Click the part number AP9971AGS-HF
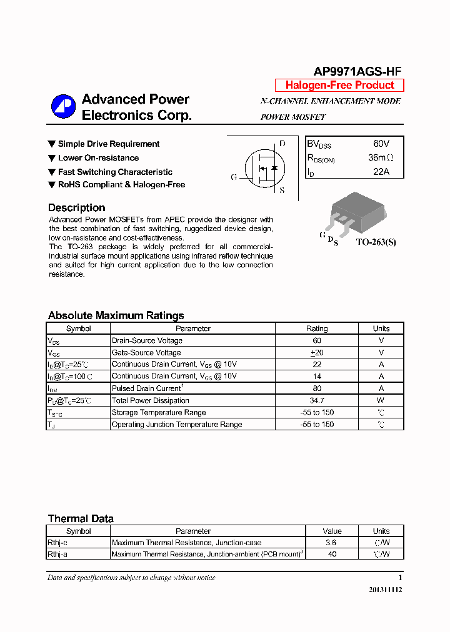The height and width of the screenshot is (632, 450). point(357,71)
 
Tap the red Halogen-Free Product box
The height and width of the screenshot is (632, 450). point(339,86)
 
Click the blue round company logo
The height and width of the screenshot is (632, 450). point(63,106)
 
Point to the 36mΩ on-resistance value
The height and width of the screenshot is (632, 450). point(381,158)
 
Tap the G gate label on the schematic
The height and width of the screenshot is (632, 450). point(234,177)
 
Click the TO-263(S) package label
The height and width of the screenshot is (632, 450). point(376,242)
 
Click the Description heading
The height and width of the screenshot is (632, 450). point(76,208)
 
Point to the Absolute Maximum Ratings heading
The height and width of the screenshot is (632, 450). point(116,315)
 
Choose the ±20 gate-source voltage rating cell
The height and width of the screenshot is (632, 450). point(317,353)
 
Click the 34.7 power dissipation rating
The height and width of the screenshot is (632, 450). point(317,400)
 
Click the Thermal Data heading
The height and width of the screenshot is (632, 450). point(81,518)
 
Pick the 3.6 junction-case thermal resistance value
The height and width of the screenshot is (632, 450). point(332,543)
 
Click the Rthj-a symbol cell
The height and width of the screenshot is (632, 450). point(61,554)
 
